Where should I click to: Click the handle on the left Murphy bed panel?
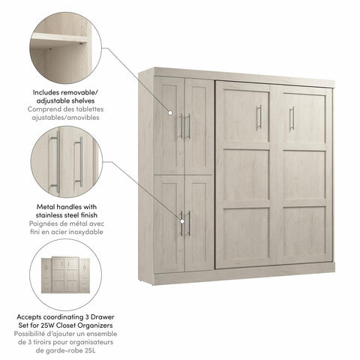tap(259, 117)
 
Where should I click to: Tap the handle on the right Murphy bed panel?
tap(291, 118)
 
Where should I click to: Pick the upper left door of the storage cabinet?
tap(169, 125)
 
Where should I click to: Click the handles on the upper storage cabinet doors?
tap(184, 126)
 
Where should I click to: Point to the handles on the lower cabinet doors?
tap(184, 223)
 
